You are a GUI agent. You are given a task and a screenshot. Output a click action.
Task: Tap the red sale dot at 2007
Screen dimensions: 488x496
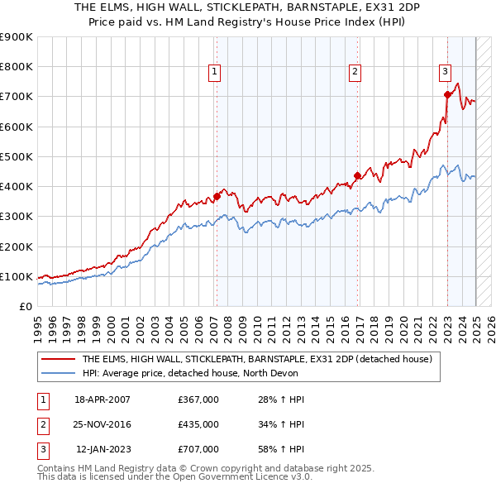217,196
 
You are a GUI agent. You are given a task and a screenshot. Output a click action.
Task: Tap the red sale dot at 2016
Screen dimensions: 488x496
357,175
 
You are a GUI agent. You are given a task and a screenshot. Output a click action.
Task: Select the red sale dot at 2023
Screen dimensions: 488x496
447,94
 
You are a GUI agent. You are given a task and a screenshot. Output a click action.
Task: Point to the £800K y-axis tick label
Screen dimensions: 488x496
17,67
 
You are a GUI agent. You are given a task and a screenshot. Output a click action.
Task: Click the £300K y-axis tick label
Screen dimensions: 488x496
17,217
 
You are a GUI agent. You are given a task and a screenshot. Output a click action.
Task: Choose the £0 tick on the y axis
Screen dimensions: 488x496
25,307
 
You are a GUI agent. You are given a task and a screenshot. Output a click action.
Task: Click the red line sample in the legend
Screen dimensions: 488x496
59,359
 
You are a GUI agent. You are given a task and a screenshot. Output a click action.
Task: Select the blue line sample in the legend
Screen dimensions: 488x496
59,373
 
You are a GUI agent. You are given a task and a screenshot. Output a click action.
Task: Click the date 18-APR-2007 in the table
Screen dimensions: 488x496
103,399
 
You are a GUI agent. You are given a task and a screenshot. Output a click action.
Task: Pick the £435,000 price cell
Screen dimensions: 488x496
198,424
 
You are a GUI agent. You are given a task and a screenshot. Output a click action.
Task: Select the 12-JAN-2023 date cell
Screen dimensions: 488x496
103,449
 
